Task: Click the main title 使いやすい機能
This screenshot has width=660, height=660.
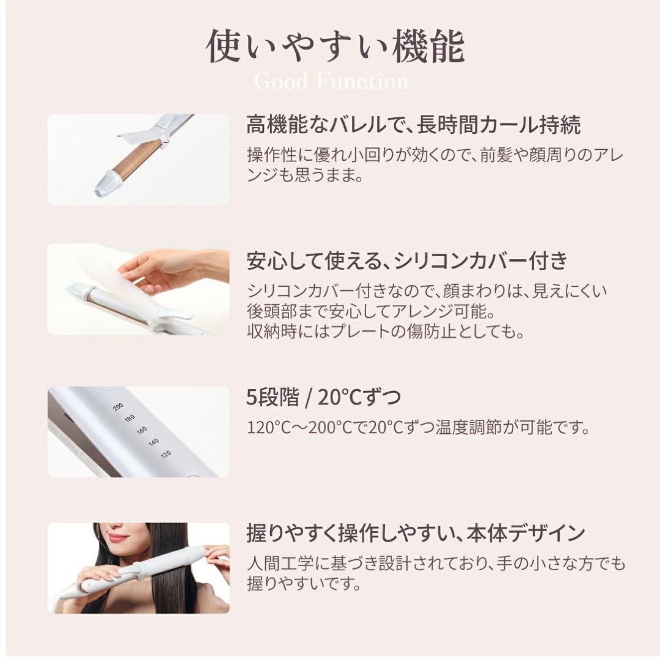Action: click(x=335, y=48)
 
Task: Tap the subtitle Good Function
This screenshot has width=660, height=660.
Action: click(x=331, y=81)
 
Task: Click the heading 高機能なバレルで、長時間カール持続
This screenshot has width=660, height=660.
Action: click(x=413, y=125)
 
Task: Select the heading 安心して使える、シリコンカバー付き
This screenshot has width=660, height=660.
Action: click(x=407, y=261)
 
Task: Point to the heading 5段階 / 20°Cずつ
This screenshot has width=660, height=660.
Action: click(x=323, y=398)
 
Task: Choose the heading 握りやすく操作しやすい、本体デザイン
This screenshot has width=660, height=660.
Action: click(x=416, y=533)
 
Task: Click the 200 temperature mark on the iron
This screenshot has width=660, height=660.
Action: click(x=119, y=407)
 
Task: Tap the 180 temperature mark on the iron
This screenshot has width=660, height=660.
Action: click(x=129, y=419)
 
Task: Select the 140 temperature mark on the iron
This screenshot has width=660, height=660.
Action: click(x=153, y=442)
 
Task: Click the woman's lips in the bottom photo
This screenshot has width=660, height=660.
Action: click(x=118, y=538)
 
